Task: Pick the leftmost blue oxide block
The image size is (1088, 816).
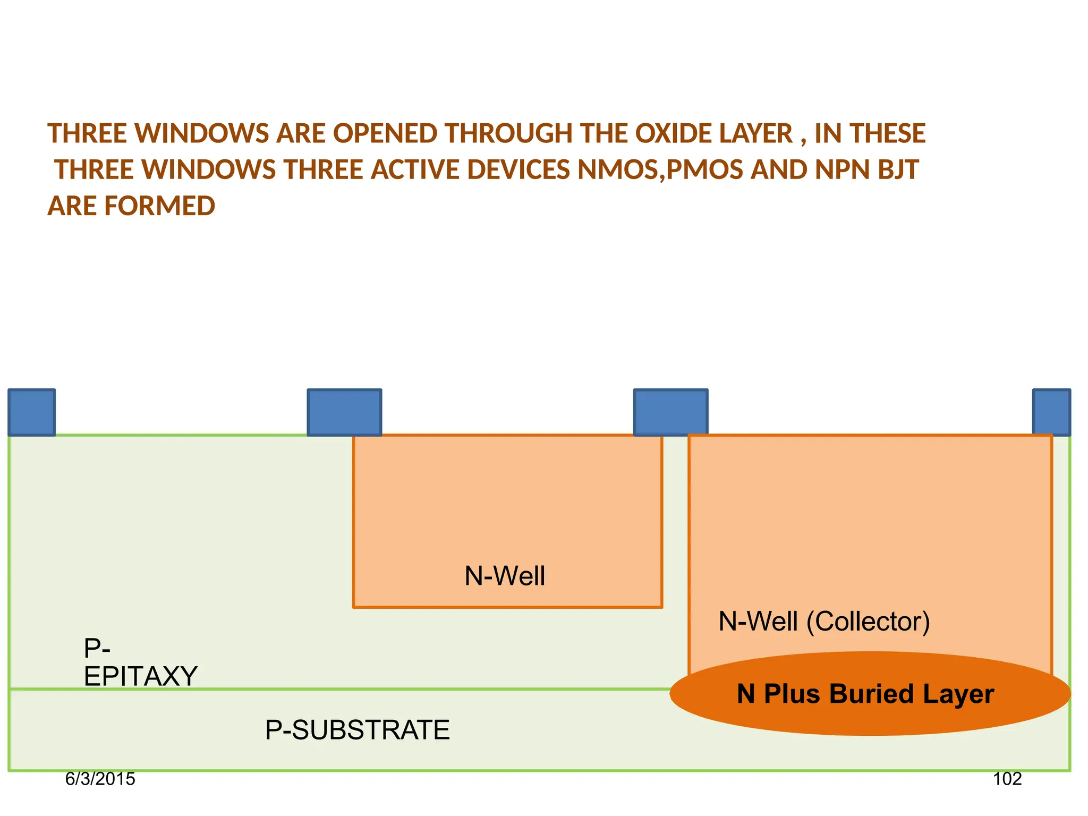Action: coord(31,412)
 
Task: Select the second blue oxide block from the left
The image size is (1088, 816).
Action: coord(344,412)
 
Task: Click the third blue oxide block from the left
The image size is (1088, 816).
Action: coord(670,412)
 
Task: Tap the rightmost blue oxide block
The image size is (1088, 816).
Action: coord(1051,412)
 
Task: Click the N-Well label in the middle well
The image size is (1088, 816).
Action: coord(505,576)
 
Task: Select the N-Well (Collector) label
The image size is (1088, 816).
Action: coord(824,622)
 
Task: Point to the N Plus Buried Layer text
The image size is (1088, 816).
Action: coord(865,694)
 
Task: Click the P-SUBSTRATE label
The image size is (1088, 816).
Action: coord(357,730)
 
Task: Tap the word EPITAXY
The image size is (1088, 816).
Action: coord(141,676)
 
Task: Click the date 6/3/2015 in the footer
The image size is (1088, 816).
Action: coord(100,779)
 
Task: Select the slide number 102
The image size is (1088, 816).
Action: coord(1007,779)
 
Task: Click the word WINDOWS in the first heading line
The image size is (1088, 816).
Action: coord(202,133)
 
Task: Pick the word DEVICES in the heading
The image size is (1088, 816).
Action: coord(518,170)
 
